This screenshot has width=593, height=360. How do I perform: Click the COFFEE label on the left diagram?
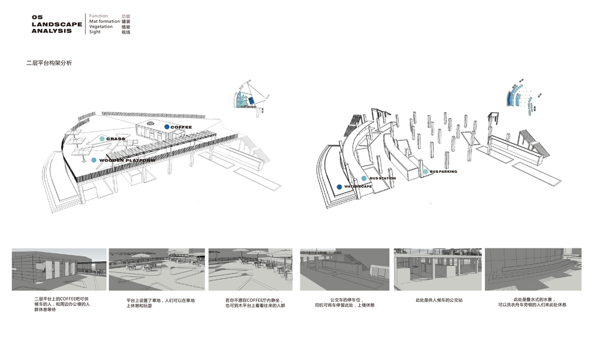(181, 127)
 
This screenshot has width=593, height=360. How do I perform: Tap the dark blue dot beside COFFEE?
(167, 127)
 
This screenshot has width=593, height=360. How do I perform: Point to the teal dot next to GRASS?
(103, 139)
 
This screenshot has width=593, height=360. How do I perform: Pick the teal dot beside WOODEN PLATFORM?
(94, 160)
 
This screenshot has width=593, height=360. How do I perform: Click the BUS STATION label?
(383, 179)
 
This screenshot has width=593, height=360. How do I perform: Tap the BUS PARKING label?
(444, 172)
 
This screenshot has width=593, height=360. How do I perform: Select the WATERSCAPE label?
(358, 187)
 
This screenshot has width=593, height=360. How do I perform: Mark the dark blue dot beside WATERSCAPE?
(340, 187)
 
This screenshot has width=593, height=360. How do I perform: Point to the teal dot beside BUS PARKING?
(426, 172)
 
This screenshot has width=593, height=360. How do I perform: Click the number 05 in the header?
(38, 17)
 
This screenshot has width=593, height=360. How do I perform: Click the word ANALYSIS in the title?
(52, 31)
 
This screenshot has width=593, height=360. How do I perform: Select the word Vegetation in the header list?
(101, 26)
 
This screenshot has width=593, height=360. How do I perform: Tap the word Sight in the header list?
(95, 32)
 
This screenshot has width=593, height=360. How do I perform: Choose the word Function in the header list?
(98, 16)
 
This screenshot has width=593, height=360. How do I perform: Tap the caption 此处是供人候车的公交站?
(440, 299)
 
